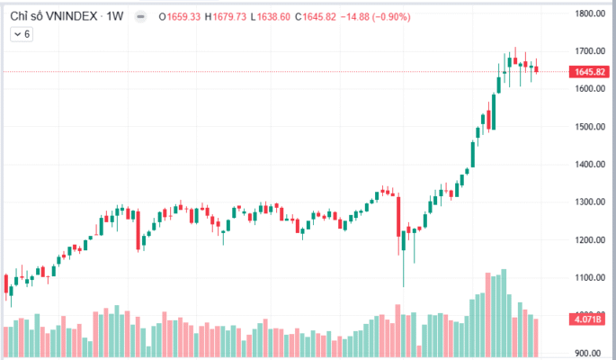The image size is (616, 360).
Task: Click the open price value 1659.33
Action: pos(182,16)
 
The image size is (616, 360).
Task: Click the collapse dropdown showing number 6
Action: pos(22,34)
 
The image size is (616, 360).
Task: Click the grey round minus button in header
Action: pos(140,16)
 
